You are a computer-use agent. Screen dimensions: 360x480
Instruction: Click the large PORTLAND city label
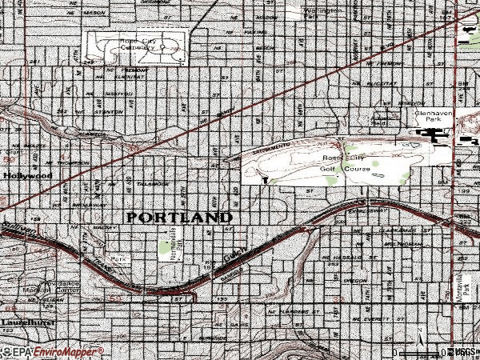pos(178,218)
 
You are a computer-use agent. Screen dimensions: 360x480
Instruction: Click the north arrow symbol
pos(418,333)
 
